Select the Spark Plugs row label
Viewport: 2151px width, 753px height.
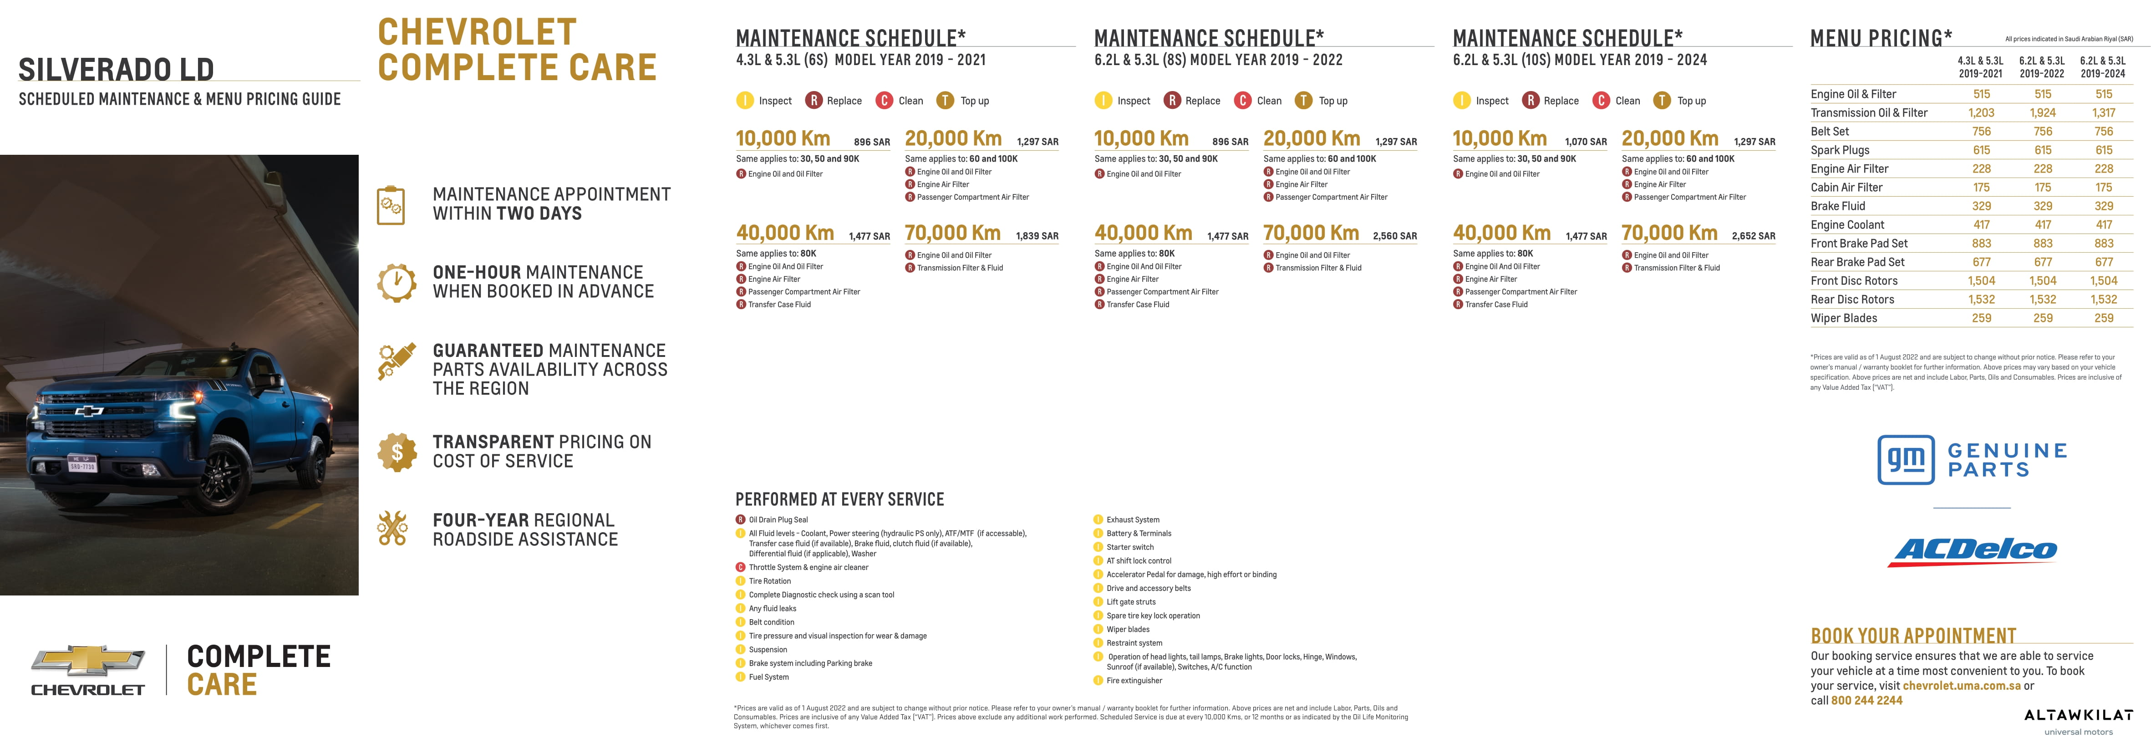click(x=1840, y=150)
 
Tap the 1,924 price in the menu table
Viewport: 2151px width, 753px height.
click(x=2043, y=113)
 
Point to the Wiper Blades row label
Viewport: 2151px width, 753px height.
click(x=1844, y=318)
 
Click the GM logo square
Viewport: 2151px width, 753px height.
click(x=1906, y=459)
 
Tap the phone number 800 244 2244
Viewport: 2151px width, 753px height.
click(x=1866, y=700)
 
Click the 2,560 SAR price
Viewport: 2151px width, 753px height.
click(x=1394, y=236)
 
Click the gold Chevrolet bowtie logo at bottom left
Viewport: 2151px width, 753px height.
click(x=88, y=660)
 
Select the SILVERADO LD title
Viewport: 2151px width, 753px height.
click(x=116, y=69)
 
